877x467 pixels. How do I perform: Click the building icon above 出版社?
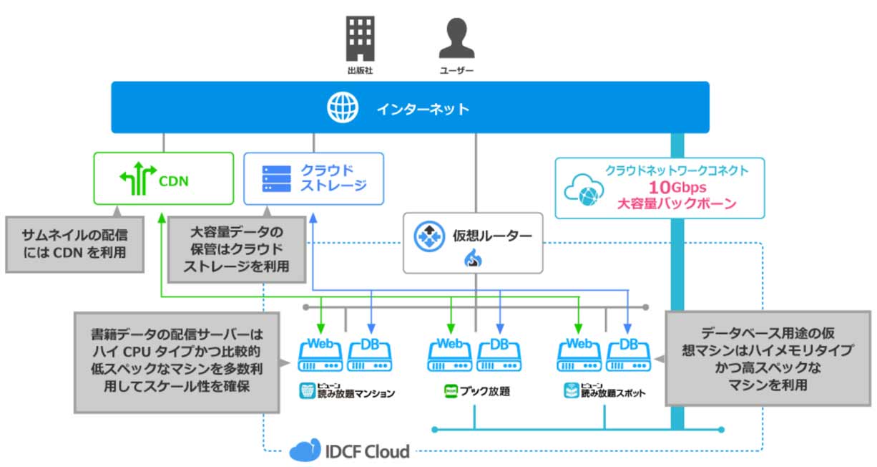(x=360, y=37)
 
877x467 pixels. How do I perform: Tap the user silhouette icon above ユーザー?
(x=456, y=37)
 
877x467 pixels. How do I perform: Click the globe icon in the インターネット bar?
(x=342, y=108)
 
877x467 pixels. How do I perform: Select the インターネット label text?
(x=423, y=109)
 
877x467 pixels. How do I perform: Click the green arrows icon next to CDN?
(x=137, y=180)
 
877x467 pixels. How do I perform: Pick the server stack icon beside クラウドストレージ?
(x=277, y=179)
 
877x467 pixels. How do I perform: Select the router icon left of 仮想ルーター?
(x=430, y=236)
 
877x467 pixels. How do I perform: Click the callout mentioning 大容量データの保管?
(x=237, y=249)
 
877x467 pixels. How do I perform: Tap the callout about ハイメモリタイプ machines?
(x=768, y=357)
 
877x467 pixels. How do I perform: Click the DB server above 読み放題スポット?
(x=628, y=355)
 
